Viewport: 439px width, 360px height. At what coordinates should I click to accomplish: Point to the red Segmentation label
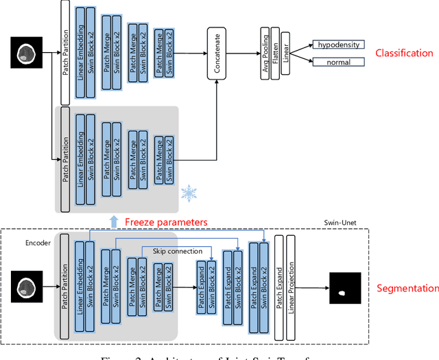coord(407,289)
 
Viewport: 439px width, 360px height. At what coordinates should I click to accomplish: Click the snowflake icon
coord(187,193)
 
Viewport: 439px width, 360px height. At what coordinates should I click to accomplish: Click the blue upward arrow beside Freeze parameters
coord(115,221)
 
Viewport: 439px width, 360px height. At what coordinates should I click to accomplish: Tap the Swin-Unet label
coord(341,224)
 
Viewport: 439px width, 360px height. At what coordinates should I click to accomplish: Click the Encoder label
coord(38,242)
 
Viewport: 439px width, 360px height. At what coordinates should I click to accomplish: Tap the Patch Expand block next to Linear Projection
coord(279,285)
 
